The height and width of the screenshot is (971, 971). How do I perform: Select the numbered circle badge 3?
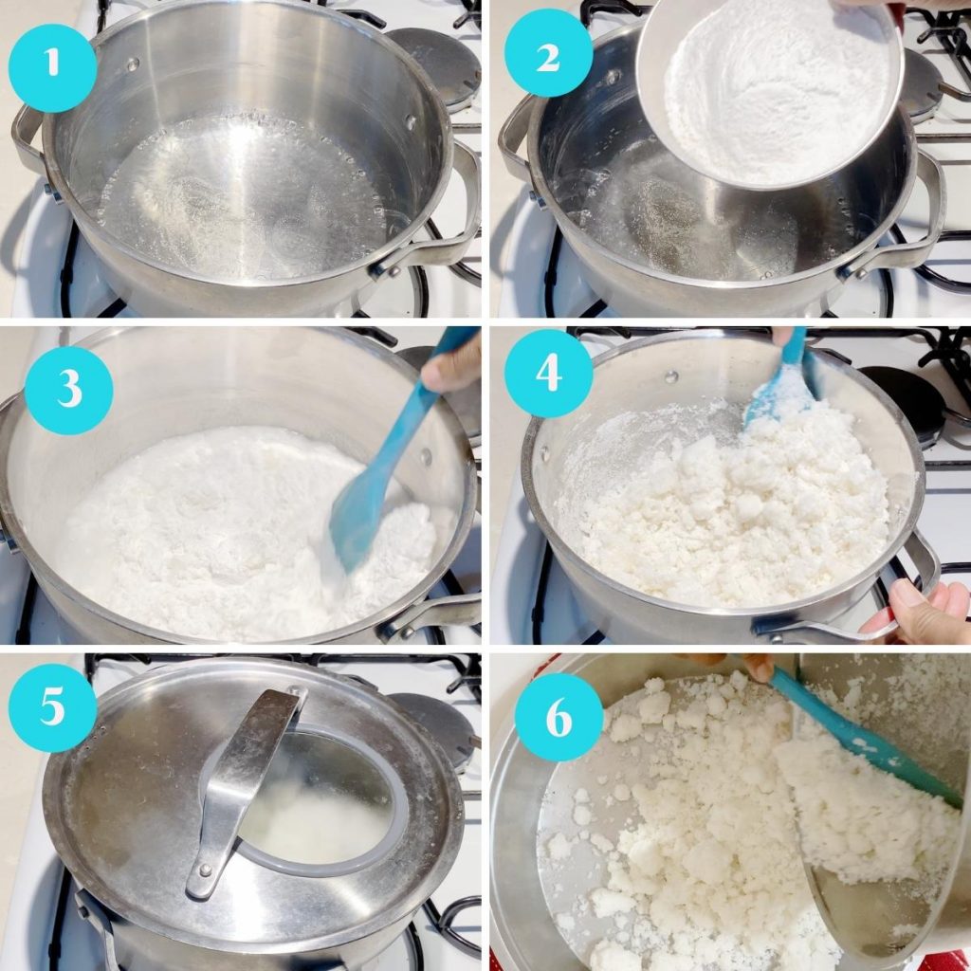pos(68,390)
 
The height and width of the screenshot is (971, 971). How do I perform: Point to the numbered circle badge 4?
pos(549,374)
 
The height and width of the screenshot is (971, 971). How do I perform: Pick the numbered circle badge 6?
pos(559,718)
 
